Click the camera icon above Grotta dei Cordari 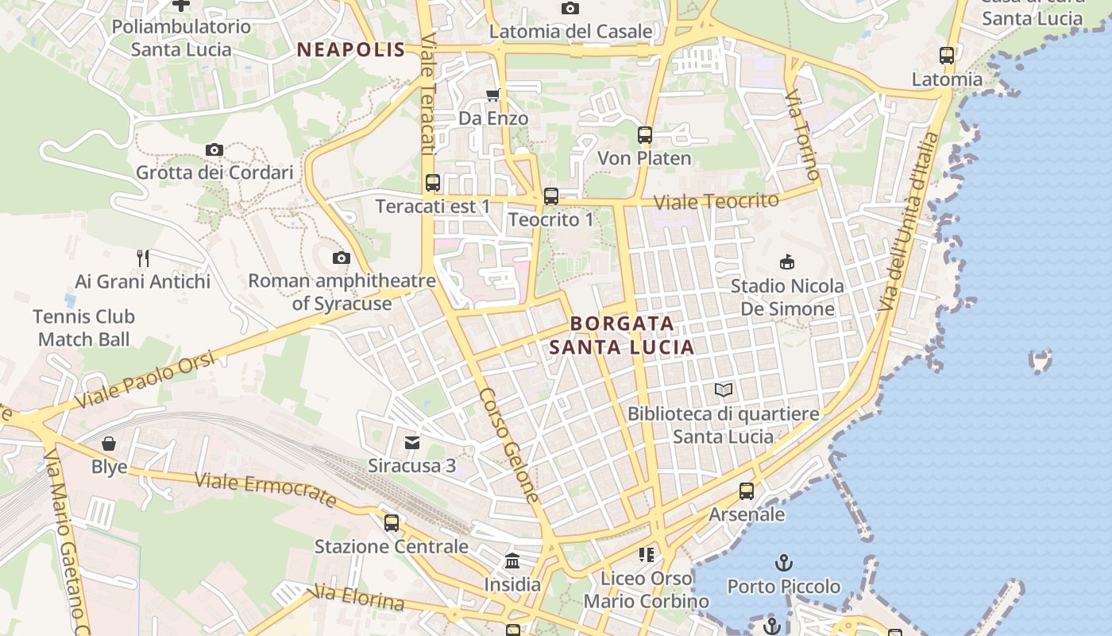point(214,149)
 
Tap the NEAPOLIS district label point(350,49)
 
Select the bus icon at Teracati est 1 point(432,183)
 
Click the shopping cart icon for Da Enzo point(492,95)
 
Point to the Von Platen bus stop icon point(644,135)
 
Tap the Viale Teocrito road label point(716,201)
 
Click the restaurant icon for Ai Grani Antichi point(143,258)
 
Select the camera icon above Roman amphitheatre point(342,258)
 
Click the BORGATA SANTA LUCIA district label point(622,335)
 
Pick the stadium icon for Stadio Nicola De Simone point(787,262)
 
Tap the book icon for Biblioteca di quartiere point(723,390)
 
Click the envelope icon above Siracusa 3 point(411,443)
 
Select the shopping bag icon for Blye point(109,444)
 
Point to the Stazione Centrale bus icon point(391,523)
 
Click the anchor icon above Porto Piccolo point(783,563)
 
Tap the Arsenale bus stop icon point(746,491)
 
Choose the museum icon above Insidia point(512,561)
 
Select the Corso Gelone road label point(509,444)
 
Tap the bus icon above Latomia point(946,56)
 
